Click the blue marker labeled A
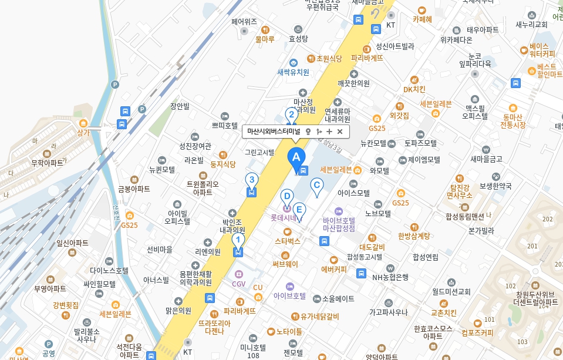coord(296,157)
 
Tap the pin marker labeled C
coord(316,187)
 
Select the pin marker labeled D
coord(287,196)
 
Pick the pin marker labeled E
coord(299,210)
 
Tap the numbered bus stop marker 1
coord(238,241)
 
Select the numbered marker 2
coord(291,115)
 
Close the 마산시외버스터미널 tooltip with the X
coord(340,132)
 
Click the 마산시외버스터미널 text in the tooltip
coord(274,132)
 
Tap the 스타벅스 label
coord(287,241)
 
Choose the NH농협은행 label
coord(390,277)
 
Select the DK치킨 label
coord(414,89)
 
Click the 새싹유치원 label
coord(293,72)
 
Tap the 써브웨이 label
coord(285,264)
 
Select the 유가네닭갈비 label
coord(319,316)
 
